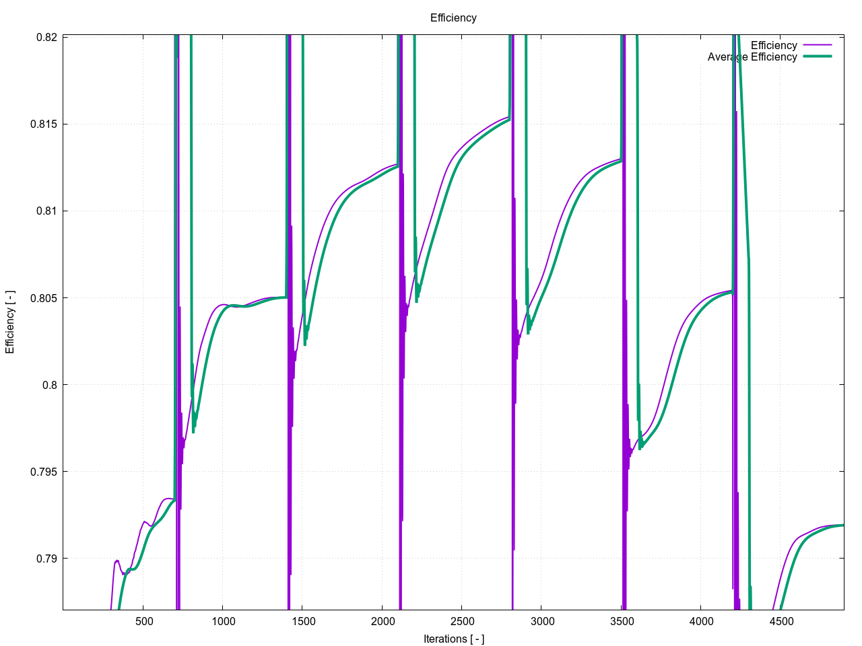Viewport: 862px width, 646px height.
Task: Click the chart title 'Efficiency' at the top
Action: (453, 18)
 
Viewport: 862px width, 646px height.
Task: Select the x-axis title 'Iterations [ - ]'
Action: (454, 639)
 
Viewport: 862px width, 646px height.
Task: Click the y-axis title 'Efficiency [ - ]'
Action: (10, 322)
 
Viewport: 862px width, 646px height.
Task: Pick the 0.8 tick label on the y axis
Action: (50, 385)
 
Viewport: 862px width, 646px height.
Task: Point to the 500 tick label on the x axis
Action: (144, 621)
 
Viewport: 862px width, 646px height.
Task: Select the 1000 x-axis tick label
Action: (224, 621)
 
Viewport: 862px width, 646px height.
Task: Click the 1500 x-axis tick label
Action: (303, 621)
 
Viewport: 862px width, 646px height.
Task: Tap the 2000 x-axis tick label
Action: (383, 621)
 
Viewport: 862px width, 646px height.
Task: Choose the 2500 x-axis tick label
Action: (462, 621)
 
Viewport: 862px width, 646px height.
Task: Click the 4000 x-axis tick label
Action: (701, 621)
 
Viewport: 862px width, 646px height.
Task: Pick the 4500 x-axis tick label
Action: (781, 621)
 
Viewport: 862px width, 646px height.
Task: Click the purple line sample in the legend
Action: (817, 46)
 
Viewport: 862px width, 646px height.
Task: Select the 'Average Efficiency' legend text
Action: (752, 57)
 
